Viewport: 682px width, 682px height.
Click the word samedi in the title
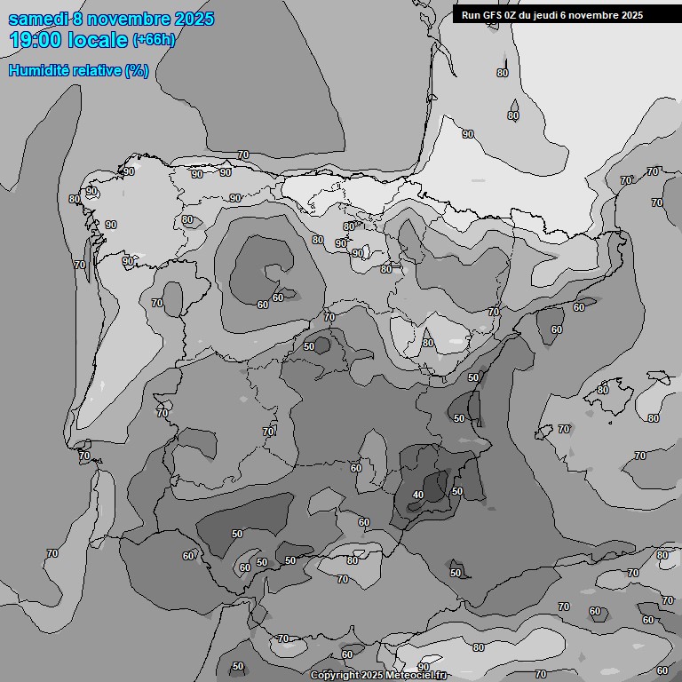click(x=38, y=19)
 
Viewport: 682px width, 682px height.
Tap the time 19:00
click(x=36, y=40)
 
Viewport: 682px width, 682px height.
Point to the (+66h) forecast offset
click(x=154, y=40)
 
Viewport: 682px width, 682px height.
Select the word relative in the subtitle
click(x=99, y=71)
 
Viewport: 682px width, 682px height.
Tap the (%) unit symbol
click(x=137, y=71)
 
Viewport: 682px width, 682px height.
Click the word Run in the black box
click(x=472, y=15)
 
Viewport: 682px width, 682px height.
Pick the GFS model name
click(x=494, y=15)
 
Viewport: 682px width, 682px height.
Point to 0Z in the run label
click(x=514, y=15)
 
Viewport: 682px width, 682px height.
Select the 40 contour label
click(x=418, y=495)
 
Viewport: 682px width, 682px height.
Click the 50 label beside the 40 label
click(x=457, y=491)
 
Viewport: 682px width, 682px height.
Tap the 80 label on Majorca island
click(x=603, y=390)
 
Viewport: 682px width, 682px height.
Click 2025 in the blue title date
click(x=194, y=19)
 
